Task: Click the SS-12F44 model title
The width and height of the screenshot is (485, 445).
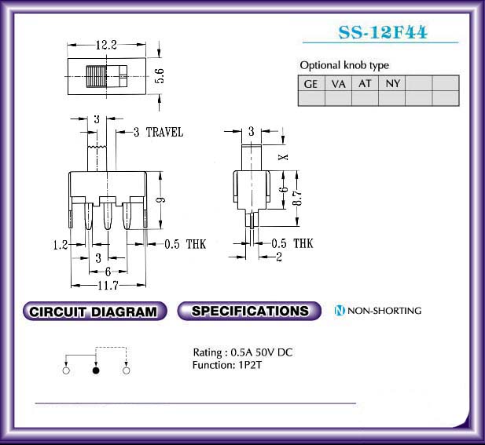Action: click(383, 32)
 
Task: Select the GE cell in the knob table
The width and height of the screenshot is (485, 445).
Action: click(311, 83)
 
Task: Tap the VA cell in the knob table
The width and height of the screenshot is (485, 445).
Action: click(338, 83)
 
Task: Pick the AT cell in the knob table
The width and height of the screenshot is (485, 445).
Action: click(365, 83)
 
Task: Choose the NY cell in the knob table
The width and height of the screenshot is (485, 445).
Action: click(392, 83)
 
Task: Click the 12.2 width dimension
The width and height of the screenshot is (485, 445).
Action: click(106, 45)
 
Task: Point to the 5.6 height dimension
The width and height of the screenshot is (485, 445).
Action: click(160, 76)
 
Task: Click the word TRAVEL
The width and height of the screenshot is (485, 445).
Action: click(164, 133)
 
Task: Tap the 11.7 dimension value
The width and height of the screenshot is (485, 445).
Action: click(108, 286)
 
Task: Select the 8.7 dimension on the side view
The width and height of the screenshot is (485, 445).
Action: click(297, 198)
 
